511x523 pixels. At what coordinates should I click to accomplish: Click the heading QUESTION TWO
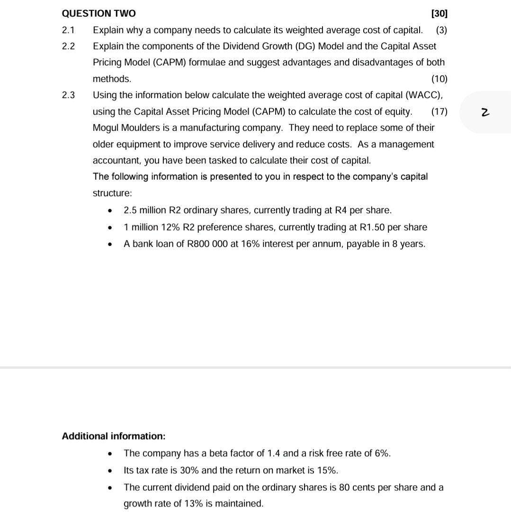(99, 14)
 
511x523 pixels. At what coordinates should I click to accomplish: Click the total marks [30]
(439, 14)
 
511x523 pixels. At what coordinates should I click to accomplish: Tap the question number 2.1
(68, 30)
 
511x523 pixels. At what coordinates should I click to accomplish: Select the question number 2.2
(68, 46)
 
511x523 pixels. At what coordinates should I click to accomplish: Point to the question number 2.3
(68, 95)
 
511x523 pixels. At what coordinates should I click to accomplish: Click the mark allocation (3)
(441, 30)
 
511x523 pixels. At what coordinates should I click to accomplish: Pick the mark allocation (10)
(439, 79)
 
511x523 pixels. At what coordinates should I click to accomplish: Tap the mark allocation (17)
(439, 112)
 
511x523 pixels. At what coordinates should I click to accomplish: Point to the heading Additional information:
(114, 436)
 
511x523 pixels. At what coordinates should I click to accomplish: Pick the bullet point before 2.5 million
(110, 211)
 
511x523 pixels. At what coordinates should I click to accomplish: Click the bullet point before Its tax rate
(110, 471)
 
